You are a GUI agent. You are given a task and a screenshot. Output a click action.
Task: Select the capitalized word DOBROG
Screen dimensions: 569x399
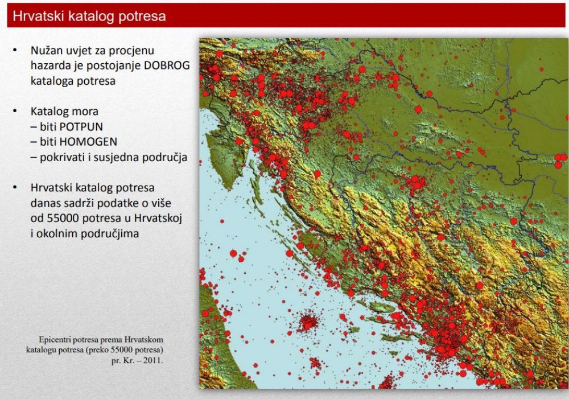click(167, 65)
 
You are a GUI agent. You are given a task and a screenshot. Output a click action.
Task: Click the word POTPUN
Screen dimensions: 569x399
click(81, 127)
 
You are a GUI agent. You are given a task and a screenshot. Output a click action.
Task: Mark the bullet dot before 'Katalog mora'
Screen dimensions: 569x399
click(15, 111)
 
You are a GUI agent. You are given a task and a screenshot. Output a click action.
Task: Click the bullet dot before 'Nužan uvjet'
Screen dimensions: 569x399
click(15, 50)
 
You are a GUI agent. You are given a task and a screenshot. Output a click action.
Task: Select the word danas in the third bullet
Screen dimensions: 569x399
click(43, 203)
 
